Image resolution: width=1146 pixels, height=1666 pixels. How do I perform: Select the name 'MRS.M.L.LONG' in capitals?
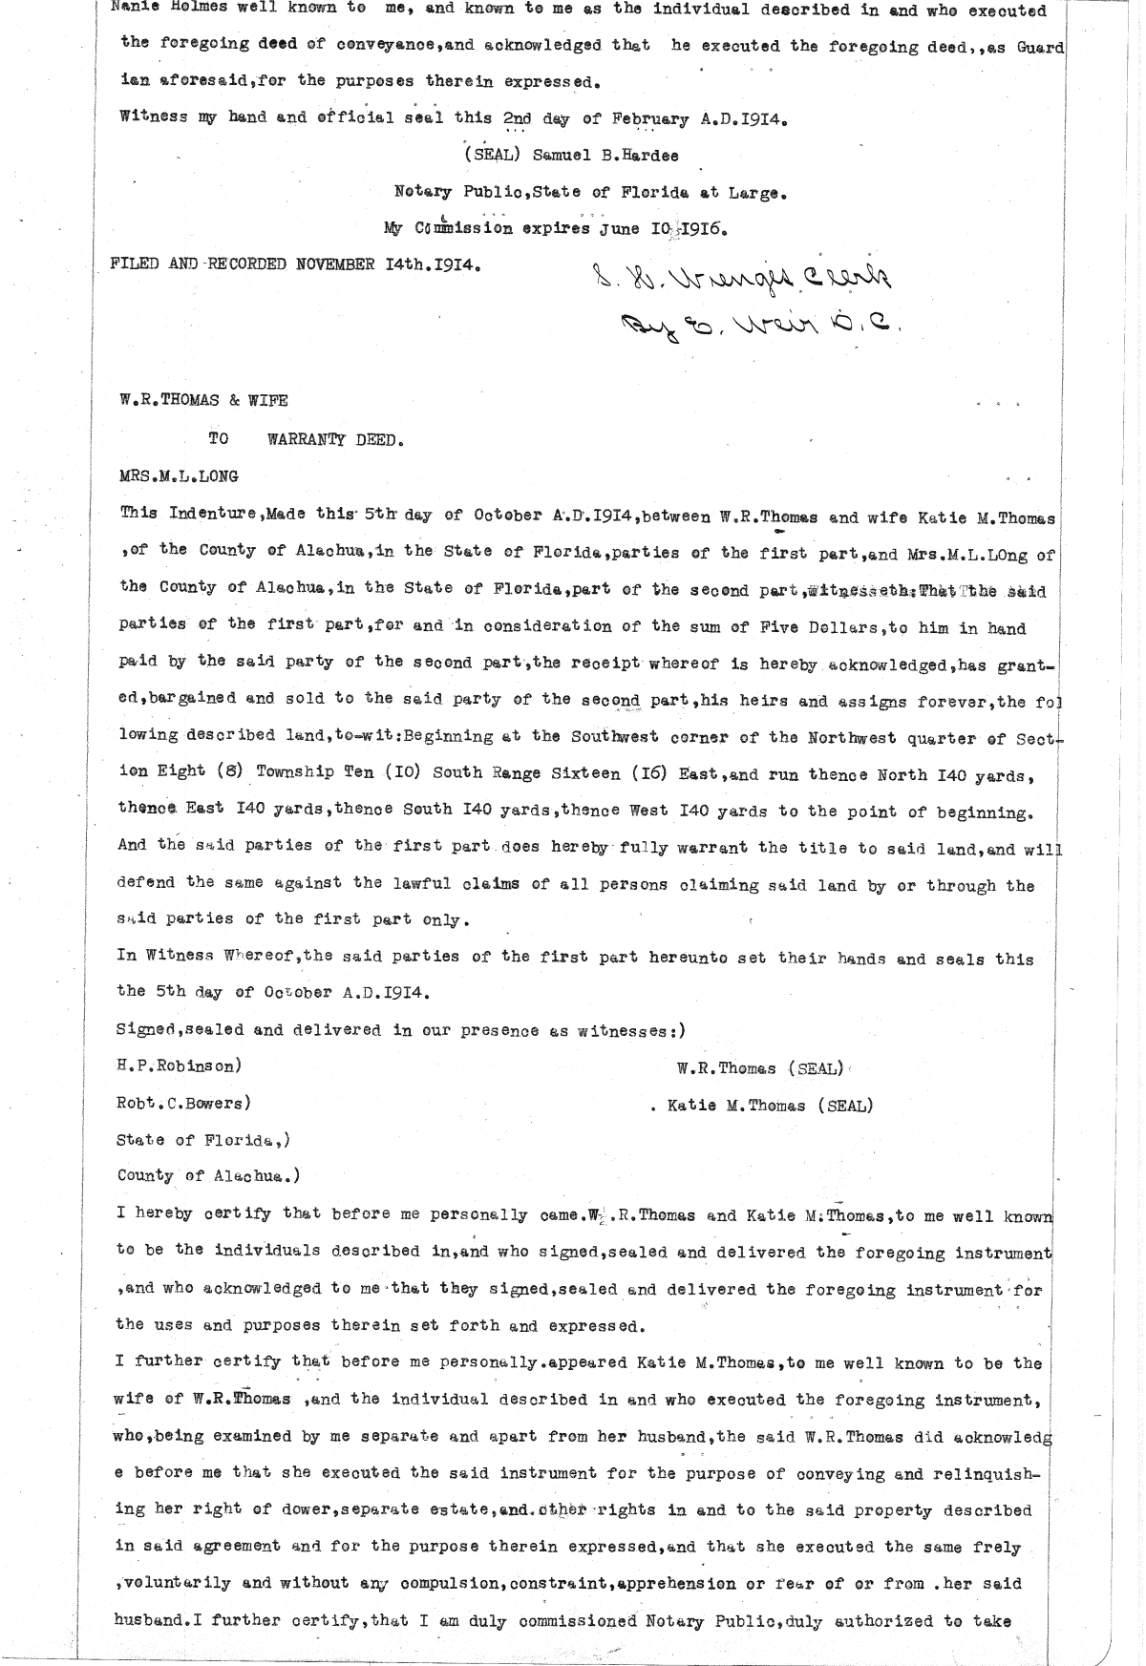click(x=178, y=476)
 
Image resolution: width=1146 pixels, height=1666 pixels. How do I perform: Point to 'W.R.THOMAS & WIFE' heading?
click(x=203, y=402)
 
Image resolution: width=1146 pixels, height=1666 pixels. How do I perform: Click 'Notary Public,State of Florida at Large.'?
click(x=592, y=193)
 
